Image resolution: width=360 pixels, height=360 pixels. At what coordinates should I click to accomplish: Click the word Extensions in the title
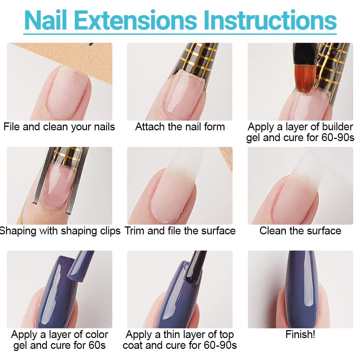tap(135, 20)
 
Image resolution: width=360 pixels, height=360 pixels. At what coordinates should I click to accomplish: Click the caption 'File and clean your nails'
tap(59, 127)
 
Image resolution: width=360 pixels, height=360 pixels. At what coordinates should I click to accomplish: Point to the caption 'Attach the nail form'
tap(180, 127)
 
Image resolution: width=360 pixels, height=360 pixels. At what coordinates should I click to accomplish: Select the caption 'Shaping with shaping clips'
tap(60, 231)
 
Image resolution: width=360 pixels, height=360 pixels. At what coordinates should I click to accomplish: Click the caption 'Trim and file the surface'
tap(180, 231)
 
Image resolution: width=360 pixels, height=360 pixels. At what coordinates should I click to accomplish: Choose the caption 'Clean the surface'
tap(300, 231)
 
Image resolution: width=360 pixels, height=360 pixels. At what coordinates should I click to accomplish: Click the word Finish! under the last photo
tap(300, 334)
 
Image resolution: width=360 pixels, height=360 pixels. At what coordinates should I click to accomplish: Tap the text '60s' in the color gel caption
tap(97, 345)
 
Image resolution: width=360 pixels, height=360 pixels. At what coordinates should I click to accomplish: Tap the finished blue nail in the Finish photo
tap(301, 289)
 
